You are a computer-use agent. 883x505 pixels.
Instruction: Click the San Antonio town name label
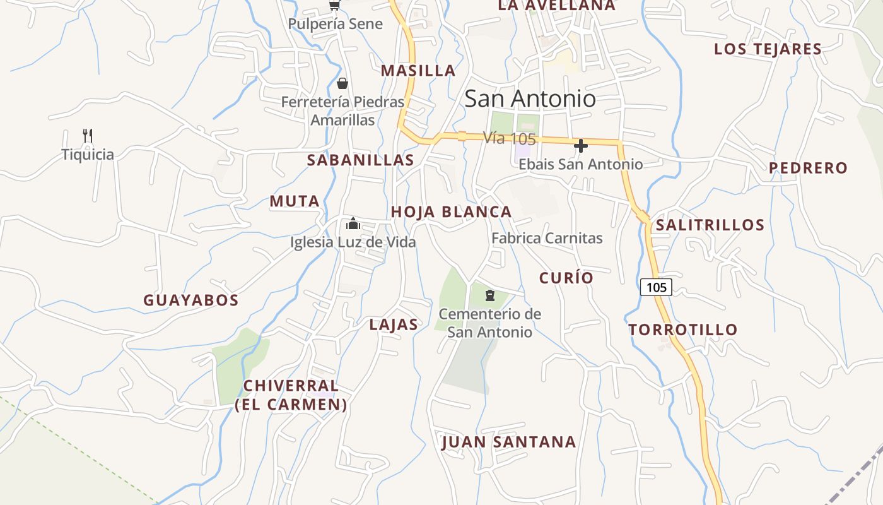[530, 98]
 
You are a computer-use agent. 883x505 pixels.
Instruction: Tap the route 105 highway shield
[656, 287]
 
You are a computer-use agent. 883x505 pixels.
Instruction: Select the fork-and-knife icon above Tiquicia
[88, 136]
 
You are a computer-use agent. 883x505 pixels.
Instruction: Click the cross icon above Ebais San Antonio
[580, 146]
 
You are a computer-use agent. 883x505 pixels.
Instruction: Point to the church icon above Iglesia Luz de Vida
[353, 223]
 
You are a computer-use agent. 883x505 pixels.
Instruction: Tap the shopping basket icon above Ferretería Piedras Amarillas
[342, 83]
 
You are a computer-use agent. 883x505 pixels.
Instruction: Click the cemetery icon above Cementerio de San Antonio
[490, 295]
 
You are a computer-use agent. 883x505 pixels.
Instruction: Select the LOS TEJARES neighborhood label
[768, 49]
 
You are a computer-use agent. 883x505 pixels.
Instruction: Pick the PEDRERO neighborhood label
[808, 168]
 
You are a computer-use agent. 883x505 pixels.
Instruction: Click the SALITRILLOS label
[710, 225]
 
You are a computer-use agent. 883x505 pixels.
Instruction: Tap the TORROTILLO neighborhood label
[682, 330]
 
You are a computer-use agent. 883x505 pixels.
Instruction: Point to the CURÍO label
[566, 278]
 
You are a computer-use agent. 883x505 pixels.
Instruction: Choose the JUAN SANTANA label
[508, 442]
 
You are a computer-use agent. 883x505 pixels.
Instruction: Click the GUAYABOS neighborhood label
[190, 300]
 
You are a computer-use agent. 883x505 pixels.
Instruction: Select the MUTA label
[295, 201]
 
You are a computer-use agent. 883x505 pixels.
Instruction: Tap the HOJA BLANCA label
[451, 212]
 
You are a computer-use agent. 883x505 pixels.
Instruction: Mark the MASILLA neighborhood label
[418, 71]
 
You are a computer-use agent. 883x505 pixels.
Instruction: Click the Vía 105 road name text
[509, 138]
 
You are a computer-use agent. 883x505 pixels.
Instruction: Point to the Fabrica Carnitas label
[547, 239]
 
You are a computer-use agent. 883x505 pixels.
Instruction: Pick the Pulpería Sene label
[335, 24]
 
